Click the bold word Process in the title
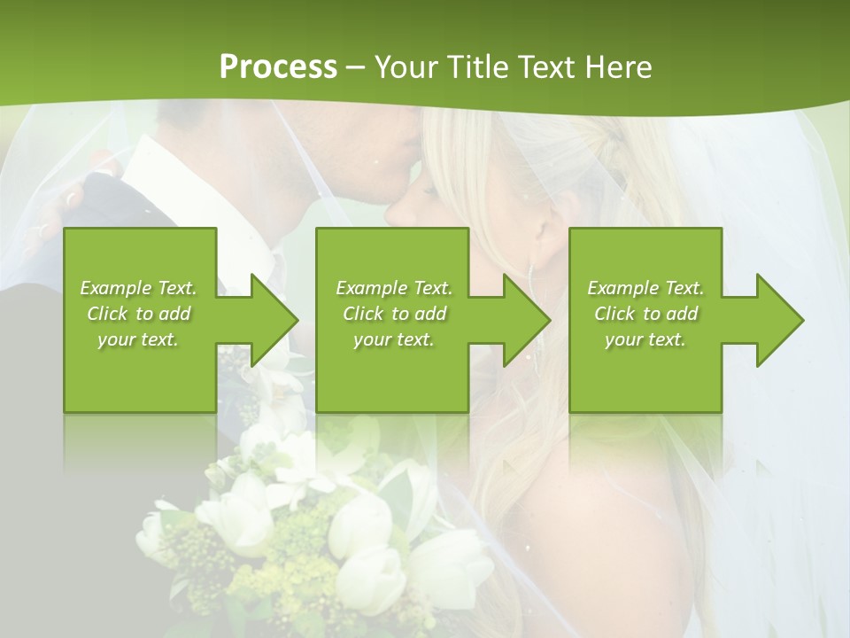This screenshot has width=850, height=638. click(x=278, y=66)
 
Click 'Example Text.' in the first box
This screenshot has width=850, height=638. click(x=138, y=288)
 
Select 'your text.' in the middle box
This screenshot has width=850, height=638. click(x=393, y=339)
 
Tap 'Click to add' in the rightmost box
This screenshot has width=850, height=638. click(x=645, y=314)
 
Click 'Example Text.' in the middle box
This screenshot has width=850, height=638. click(x=393, y=288)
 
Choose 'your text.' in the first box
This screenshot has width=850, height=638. click(x=138, y=339)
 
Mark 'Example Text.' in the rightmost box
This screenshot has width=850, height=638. click(x=645, y=288)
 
